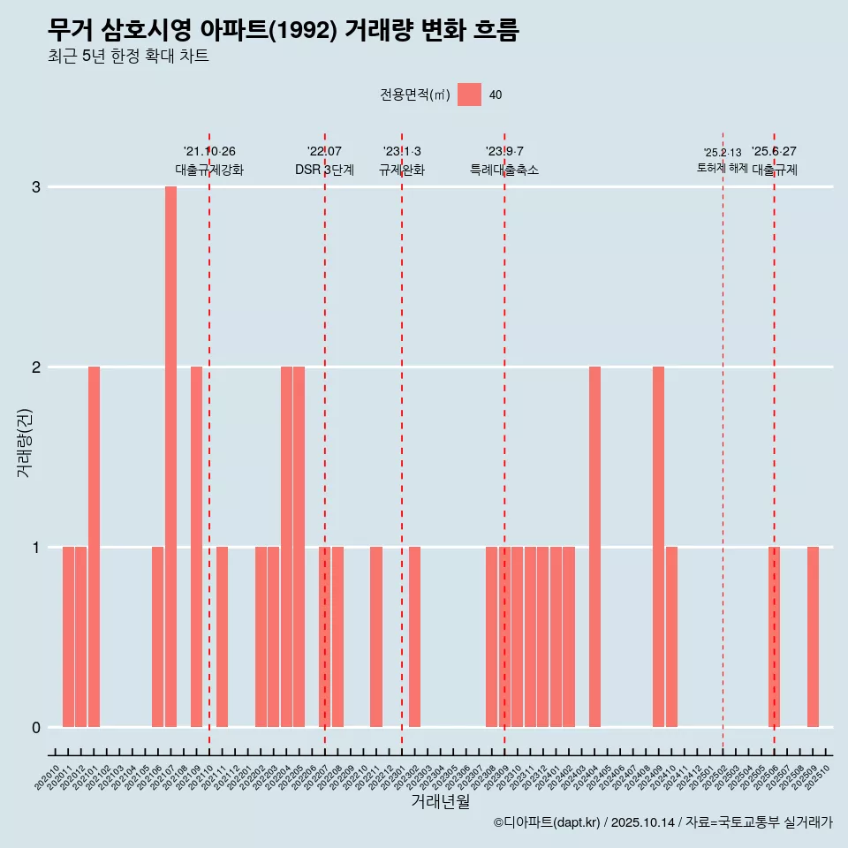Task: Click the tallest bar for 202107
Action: point(170,457)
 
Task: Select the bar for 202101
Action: point(94,547)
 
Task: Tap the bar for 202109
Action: point(196,547)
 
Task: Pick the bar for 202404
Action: point(594,547)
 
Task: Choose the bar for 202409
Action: point(658,547)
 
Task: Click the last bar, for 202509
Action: point(813,637)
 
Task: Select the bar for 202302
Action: point(414,637)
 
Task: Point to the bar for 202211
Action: point(376,637)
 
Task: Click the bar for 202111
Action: point(222,637)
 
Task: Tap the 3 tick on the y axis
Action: point(36,187)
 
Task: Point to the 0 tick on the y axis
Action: point(36,728)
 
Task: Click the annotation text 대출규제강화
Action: point(209,170)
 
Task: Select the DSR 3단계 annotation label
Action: point(324,170)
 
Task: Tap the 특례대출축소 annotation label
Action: point(504,170)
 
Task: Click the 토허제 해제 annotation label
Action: point(722,168)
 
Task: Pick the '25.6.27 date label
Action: point(774,152)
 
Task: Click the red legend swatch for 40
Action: point(469,95)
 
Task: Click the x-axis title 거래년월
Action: point(440,801)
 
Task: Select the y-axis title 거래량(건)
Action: point(25,443)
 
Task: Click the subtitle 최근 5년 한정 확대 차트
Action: point(128,57)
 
